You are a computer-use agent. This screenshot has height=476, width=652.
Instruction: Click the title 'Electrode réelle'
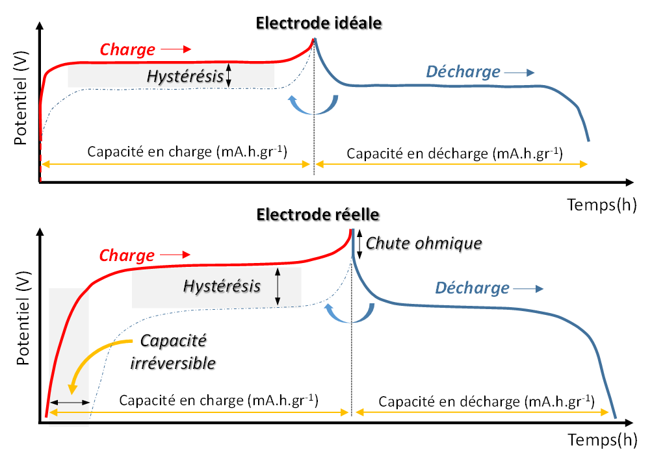[318, 214]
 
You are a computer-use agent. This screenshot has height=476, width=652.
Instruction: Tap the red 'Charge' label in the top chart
[127, 49]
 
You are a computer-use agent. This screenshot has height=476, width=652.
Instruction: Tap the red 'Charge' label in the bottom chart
[127, 255]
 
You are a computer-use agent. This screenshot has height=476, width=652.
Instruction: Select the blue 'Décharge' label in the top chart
[463, 71]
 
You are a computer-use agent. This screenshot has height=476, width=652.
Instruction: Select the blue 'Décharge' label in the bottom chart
[472, 287]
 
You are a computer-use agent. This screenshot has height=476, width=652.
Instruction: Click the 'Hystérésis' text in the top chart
[185, 76]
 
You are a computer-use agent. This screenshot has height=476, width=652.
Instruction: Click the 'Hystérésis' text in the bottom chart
[222, 286]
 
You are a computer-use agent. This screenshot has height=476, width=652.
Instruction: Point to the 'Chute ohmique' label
[424, 244]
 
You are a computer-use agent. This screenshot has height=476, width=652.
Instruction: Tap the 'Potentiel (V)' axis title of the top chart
[20, 97]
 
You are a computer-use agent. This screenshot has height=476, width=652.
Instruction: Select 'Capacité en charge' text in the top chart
[187, 153]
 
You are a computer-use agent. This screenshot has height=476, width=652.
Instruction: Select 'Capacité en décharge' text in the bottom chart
[486, 401]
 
